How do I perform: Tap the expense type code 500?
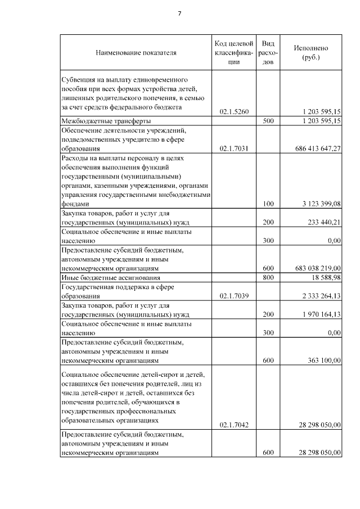click(x=268, y=121)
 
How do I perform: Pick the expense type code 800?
click(x=268, y=278)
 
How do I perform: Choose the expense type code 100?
click(x=268, y=204)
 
